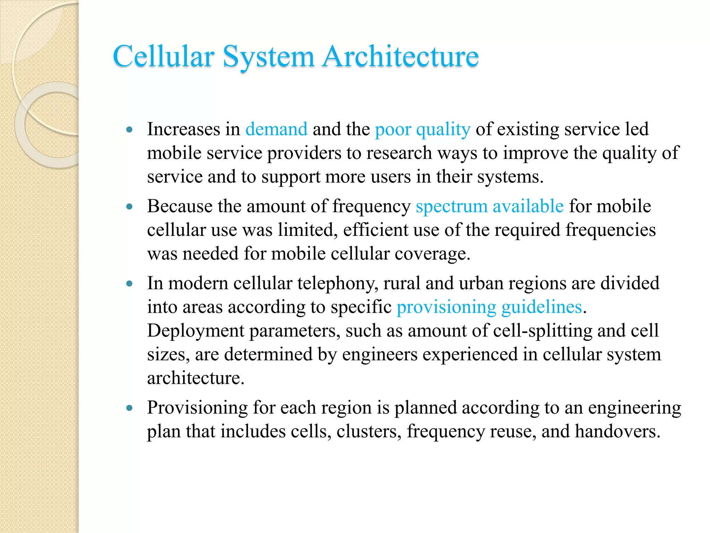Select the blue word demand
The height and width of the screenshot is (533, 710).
point(276,129)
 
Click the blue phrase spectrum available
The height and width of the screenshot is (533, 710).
point(490,206)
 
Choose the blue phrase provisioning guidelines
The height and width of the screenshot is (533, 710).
point(489,307)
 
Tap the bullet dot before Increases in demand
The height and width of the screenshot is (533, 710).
point(130,130)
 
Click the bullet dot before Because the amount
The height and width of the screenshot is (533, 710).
point(130,207)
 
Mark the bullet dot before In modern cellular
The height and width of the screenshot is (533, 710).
point(130,284)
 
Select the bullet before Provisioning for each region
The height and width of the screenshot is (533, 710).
point(130,408)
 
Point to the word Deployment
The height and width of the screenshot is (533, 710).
point(196,331)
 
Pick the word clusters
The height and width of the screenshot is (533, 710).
point(369,431)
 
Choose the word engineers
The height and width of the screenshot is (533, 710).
point(380,354)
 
